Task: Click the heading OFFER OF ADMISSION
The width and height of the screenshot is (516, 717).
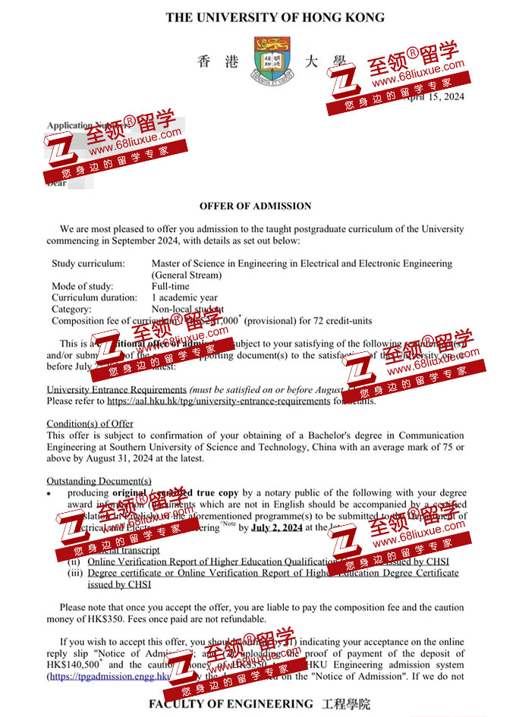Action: coord(255,206)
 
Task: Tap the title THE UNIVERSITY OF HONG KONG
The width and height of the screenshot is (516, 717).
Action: coord(275,17)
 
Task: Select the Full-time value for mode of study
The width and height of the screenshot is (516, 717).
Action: coord(171,287)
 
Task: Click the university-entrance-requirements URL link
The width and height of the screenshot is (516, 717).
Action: coord(219,401)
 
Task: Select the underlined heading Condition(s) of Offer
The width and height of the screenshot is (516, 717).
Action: coord(90,423)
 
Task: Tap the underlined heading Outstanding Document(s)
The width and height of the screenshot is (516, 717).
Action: coord(99,481)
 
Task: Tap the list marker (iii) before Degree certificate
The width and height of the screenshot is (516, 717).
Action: coord(74,574)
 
